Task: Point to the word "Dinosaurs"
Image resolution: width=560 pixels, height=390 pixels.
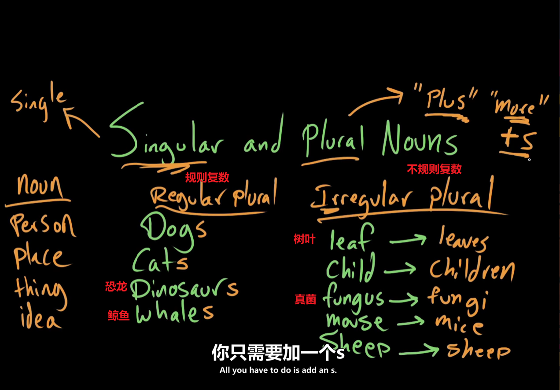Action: coord(184,289)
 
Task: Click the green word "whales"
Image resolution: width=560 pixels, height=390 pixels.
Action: coord(174,313)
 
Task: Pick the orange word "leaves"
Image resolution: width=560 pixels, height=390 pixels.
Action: coord(463,240)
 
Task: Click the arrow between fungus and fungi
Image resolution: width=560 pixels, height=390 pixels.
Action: coord(403,300)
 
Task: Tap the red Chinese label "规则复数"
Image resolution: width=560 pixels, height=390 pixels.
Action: coord(207,178)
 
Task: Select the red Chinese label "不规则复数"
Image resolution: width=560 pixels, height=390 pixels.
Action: coord(434,169)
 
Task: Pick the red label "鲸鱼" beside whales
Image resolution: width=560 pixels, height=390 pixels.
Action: coord(119,315)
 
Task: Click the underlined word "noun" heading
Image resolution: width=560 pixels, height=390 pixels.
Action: coord(40,187)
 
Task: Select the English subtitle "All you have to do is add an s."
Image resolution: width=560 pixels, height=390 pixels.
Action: coord(278,370)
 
